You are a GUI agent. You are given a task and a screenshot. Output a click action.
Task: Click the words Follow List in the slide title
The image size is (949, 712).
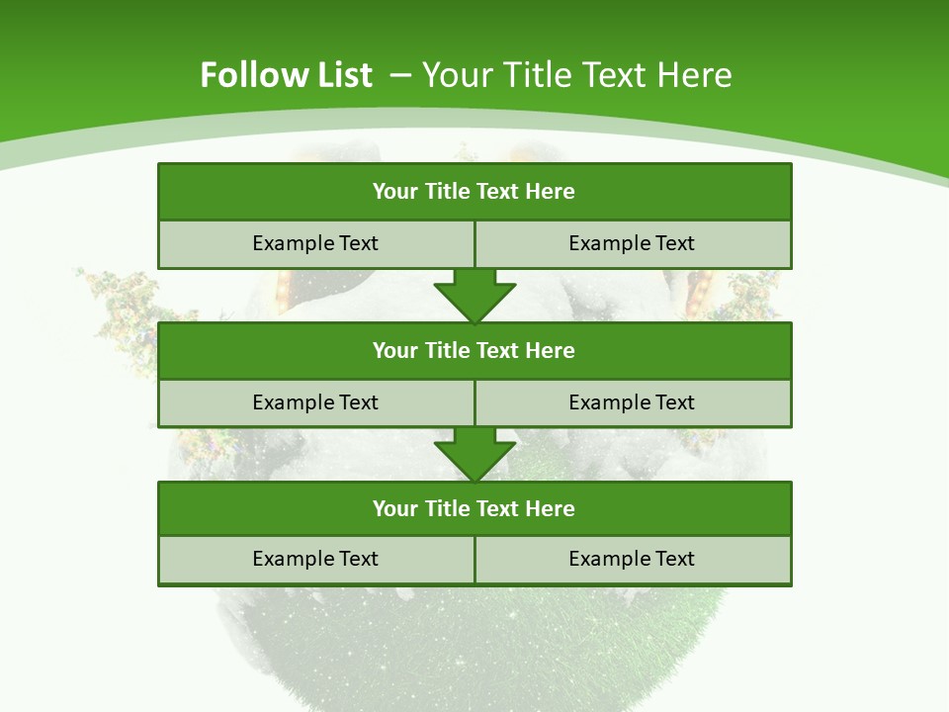[x=286, y=75]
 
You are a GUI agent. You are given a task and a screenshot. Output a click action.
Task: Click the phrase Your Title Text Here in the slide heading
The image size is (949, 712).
[x=577, y=75]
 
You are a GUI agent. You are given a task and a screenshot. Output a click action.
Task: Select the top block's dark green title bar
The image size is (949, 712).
[x=474, y=192]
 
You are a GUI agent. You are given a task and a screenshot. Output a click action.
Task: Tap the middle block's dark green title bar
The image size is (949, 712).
[x=474, y=350]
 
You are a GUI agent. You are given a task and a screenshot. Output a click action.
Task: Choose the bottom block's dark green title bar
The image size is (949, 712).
[x=474, y=508]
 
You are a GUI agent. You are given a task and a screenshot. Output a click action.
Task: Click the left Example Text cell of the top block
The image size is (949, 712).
[x=315, y=243]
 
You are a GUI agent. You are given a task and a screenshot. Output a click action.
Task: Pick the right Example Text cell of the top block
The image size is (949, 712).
[x=632, y=243]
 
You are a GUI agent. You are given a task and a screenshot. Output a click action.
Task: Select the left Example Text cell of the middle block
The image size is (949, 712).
[x=315, y=402]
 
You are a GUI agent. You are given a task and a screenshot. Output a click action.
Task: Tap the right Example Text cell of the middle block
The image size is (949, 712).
[x=632, y=402]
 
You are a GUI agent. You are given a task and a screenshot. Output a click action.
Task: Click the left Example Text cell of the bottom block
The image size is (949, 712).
[x=315, y=559]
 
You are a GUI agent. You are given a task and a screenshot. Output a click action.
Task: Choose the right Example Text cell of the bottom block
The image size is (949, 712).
[x=632, y=559]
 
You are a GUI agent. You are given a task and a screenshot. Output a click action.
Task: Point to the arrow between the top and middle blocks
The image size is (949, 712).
[x=474, y=296]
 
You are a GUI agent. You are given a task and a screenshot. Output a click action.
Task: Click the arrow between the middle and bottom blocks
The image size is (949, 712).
[x=474, y=454]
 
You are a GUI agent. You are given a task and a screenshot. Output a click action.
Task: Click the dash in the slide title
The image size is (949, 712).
[x=400, y=75]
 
